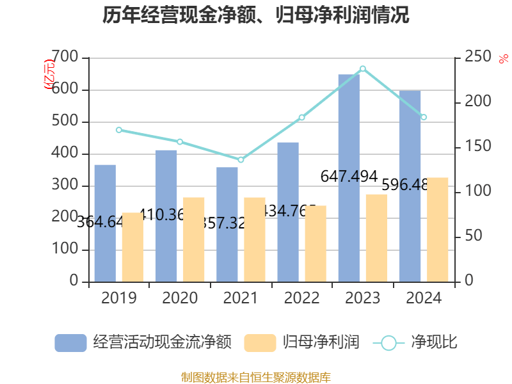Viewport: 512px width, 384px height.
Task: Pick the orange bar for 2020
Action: [194, 239]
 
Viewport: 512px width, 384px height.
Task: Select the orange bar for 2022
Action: [316, 243]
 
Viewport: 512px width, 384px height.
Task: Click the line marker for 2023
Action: [363, 68]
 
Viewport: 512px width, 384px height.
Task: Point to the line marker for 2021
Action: [241, 159]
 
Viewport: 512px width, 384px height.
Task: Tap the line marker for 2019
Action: [119, 130]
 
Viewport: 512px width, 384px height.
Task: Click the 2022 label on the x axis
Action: [301, 298]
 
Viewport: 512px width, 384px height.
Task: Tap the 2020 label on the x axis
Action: [180, 298]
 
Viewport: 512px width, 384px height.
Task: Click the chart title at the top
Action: [256, 15]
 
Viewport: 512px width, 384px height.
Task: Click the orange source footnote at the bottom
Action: [256, 377]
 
